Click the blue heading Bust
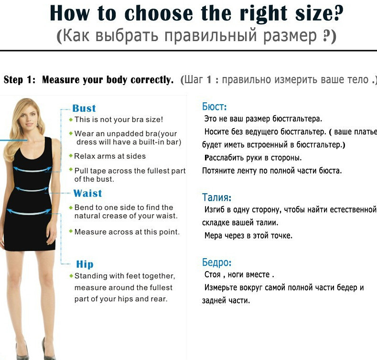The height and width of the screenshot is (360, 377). coord(84,109)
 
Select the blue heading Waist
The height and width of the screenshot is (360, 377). coord(88,193)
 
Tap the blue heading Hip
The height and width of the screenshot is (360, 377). coord(85,264)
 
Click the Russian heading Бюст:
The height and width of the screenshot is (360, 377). coord(214,106)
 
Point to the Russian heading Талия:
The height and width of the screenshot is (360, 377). coord(216,197)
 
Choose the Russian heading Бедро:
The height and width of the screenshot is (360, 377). coord(216,262)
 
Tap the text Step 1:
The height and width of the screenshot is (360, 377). coord(20,80)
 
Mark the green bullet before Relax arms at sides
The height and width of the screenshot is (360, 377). coord(71,156)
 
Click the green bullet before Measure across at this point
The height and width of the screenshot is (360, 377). coord(71,231)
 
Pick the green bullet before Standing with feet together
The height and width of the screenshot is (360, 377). coord(71,275)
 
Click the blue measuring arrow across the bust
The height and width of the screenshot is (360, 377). coord(32,170)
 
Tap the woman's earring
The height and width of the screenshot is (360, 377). coord(37,125)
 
